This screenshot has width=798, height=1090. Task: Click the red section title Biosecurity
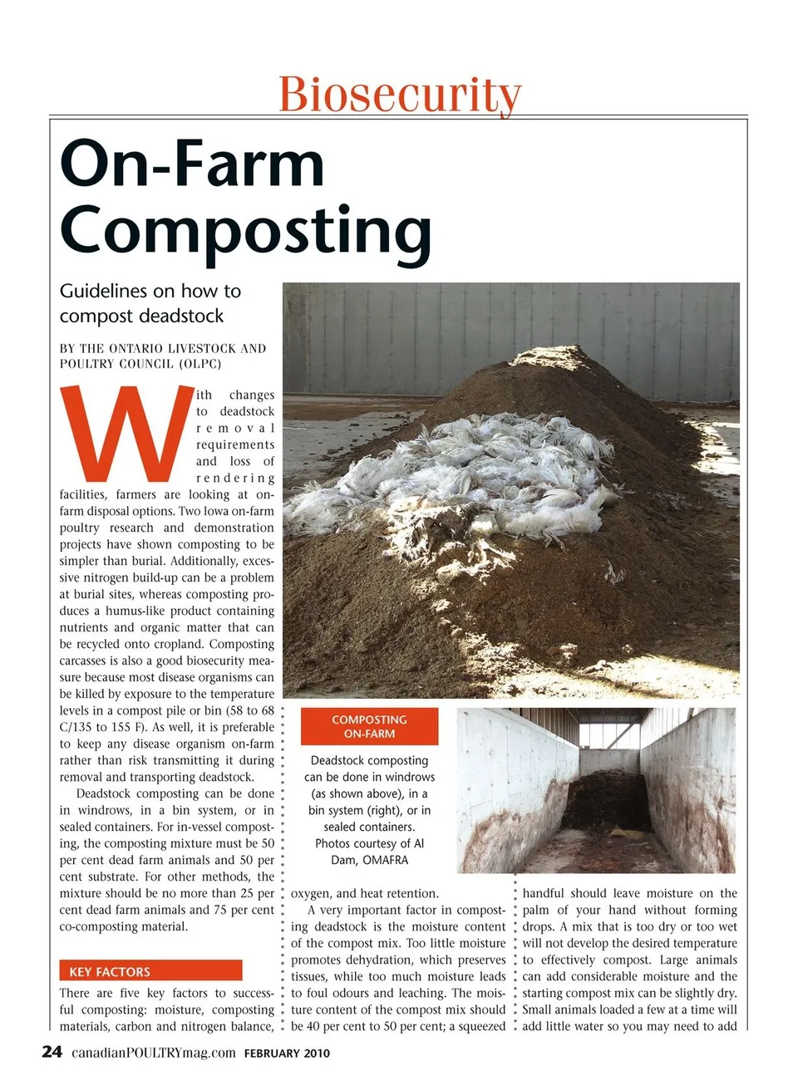pyautogui.click(x=400, y=94)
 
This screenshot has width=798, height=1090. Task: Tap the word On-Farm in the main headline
pyautogui.click(x=192, y=164)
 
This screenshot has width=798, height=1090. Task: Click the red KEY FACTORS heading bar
pyautogui.click(x=150, y=971)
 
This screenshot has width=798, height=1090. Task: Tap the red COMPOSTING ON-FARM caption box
pyautogui.click(x=369, y=727)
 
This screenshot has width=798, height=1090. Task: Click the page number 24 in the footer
pyautogui.click(x=52, y=1052)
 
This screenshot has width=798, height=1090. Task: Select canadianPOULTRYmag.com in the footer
pyautogui.click(x=154, y=1053)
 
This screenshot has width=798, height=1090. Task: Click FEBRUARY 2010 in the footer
pyautogui.click(x=287, y=1053)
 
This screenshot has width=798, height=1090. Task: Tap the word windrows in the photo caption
pyautogui.click(x=405, y=777)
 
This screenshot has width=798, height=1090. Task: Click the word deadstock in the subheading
pyautogui.click(x=182, y=316)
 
